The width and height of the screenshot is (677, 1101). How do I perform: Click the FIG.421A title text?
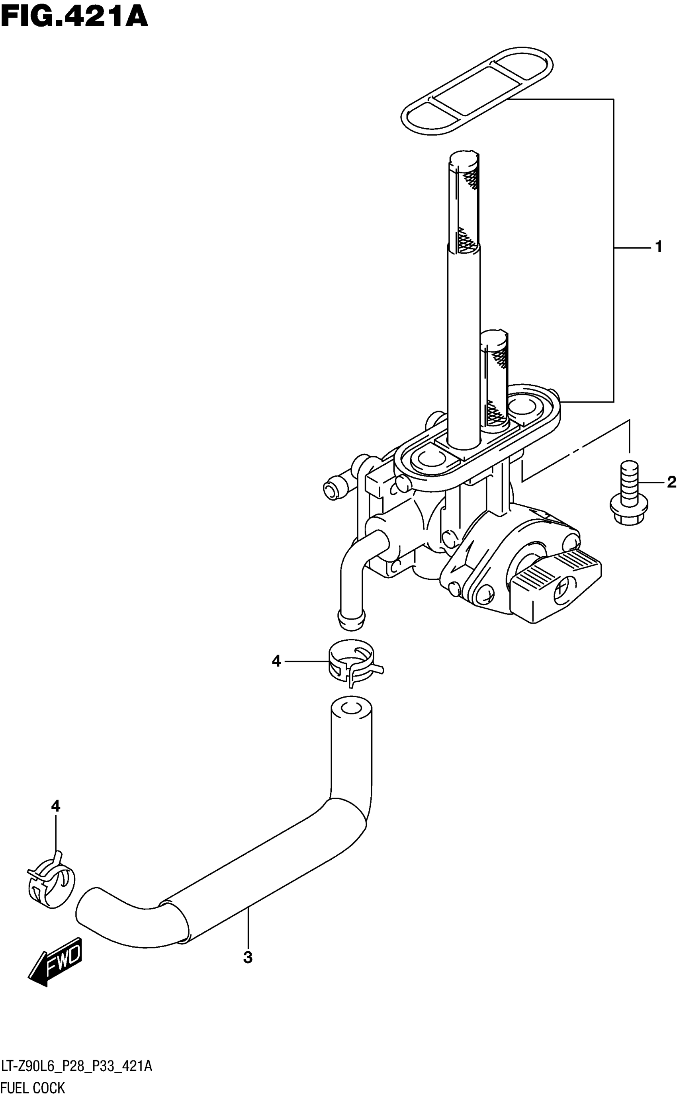(x=74, y=18)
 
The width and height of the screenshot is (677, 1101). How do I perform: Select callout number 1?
(x=658, y=246)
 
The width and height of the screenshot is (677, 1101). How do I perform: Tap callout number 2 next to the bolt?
(x=671, y=482)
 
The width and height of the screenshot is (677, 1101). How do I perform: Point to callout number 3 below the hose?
(x=248, y=958)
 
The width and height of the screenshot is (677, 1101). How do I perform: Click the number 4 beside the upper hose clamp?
(x=276, y=661)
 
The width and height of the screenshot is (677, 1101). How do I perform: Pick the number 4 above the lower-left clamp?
(x=55, y=806)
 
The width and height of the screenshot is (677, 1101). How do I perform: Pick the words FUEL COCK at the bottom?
(x=33, y=1087)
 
